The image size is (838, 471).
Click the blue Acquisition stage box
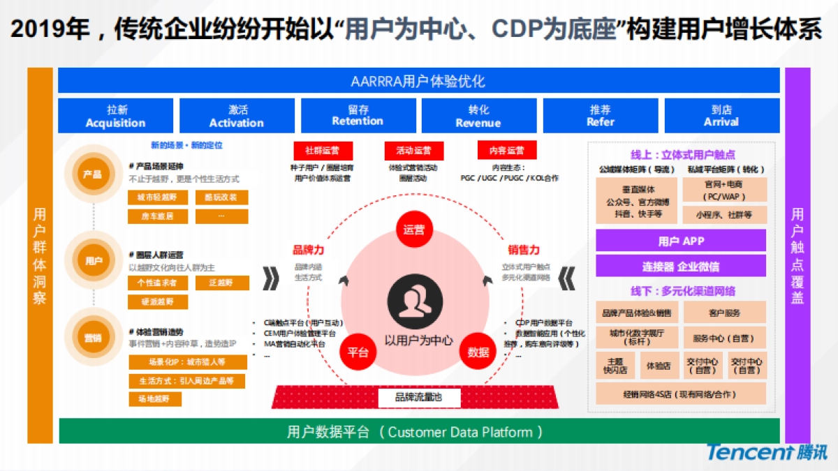click(x=115, y=116)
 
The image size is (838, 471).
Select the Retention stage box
click(x=358, y=116)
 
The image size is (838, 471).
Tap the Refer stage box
click(x=601, y=116)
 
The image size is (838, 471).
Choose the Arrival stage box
click(x=721, y=116)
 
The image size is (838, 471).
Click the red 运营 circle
click(x=414, y=230)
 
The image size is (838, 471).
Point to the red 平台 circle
click(x=358, y=352)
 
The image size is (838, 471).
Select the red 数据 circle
click(x=478, y=352)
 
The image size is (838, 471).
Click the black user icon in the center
click(x=418, y=301)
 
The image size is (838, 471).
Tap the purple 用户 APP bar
click(x=681, y=241)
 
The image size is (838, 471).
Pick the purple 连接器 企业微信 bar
click(x=681, y=266)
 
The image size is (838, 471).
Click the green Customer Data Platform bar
click(x=418, y=432)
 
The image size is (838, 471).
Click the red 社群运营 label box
click(x=322, y=150)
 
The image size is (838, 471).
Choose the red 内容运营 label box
click(x=506, y=150)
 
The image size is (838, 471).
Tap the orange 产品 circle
click(x=93, y=174)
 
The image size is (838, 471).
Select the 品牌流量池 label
click(x=418, y=398)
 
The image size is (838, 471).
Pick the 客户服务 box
click(x=724, y=313)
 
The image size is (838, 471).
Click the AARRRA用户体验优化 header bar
click(x=418, y=81)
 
